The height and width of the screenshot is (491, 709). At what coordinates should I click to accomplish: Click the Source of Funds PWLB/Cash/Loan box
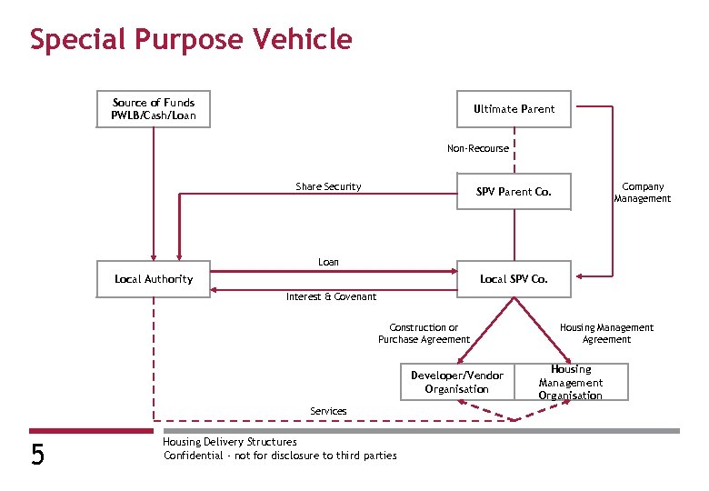pos(154,109)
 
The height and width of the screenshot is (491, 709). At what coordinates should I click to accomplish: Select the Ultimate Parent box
pos(514,109)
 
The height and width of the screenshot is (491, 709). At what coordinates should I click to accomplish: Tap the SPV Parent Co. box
pos(514,192)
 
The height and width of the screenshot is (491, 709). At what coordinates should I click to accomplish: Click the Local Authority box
pos(154,279)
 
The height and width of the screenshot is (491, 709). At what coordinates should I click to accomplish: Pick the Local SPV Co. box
pos(514,279)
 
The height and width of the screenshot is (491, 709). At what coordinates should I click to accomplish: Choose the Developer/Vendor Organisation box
pos(456,382)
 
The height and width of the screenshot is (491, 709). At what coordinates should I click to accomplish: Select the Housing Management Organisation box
pos(570,382)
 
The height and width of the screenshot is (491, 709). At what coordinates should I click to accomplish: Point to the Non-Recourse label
pos(478,148)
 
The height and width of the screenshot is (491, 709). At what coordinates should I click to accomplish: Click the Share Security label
pos(328,186)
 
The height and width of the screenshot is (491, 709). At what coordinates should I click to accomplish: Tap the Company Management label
pos(642,193)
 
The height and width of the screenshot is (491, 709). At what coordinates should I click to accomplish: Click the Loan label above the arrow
pos(328,262)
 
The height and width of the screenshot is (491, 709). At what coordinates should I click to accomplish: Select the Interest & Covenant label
pos(331,296)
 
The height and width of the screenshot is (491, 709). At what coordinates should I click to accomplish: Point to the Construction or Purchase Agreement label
pos(424,334)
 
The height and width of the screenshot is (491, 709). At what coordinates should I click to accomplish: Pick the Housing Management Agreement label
pos(606,334)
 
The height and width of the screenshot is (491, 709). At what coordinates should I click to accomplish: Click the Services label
pos(328,411)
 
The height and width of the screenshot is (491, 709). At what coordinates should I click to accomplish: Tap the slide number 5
pos(37,454)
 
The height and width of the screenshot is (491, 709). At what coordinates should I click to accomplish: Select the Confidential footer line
pos(280,456)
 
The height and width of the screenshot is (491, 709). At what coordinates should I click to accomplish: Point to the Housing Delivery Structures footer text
pos(229,442)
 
